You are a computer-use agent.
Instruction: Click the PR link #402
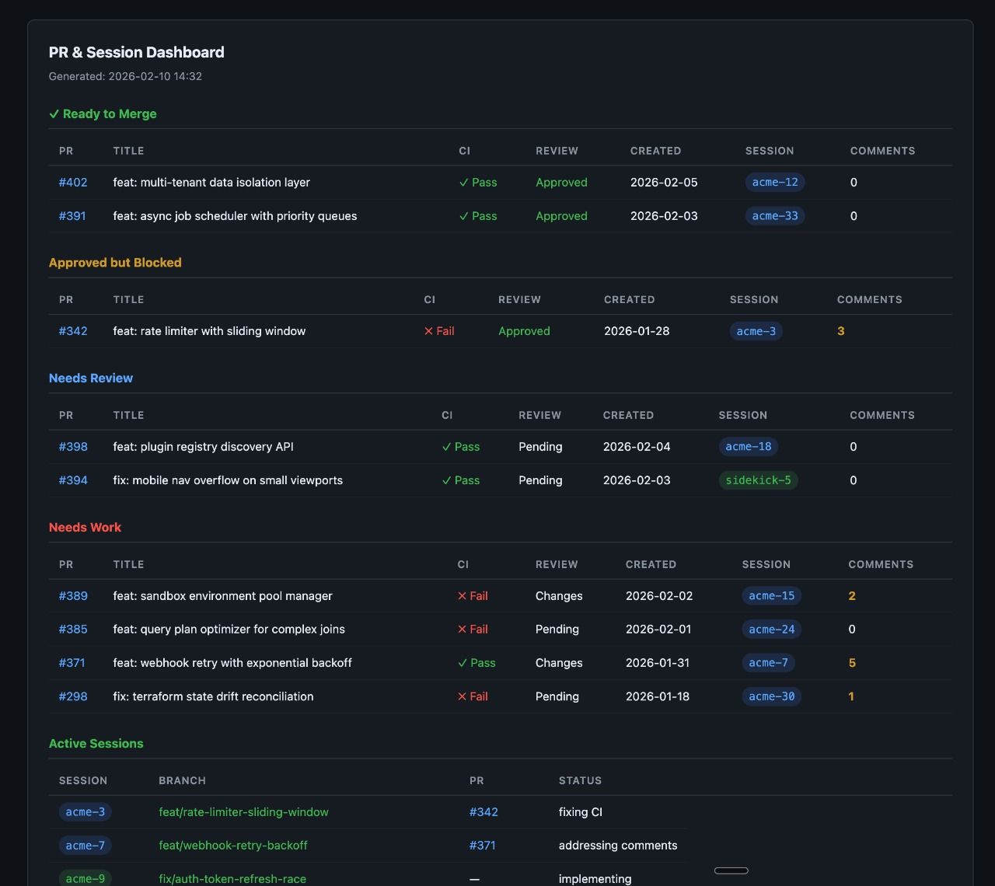(x=73, y=182)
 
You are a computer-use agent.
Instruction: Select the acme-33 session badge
(x=774, y=215)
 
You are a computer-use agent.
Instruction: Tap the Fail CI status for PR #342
(x=439, y=331)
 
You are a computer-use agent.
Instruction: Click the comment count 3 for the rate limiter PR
(x=840, y=331)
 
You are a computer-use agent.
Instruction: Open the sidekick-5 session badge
(x=758, y=480)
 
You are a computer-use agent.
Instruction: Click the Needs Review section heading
(x=91, y=378)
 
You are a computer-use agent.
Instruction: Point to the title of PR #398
(x=203, y=446)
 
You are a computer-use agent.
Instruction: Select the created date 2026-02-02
(x=658, y=596)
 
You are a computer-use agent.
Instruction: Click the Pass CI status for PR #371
(x=477, y=662)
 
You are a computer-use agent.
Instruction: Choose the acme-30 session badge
(x=771, y=696)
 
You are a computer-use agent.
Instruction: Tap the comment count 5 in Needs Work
(x=852, y=662)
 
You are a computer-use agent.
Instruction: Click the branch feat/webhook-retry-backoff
(x=232, y=846)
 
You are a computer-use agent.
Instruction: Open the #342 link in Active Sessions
(x=484, y=812)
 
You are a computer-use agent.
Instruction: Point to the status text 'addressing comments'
(x=618, y=846)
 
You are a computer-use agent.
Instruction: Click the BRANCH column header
(x=182, y=780)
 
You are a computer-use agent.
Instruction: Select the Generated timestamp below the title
(x=125, y=76)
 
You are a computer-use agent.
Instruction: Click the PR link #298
(x=73, y=696)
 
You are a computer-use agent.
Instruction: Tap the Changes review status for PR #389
(x=558, y=596)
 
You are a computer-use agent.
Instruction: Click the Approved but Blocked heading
(x=115, y=262)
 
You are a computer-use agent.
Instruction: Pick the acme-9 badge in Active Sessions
(x=85, y=879)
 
